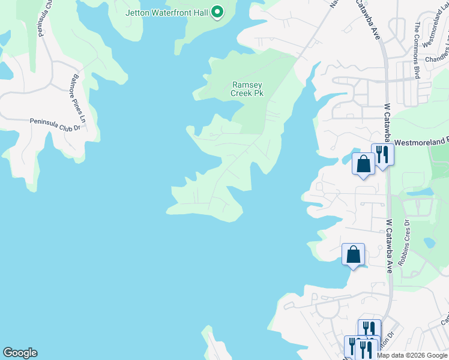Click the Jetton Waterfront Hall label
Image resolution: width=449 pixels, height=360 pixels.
[x=166, y=12]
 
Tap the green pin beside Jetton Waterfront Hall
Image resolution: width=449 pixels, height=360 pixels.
[x=217, y=11]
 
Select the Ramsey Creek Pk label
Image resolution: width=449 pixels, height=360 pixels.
[x=247, y=89]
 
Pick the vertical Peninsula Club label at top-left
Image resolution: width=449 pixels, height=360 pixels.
[x=43, y=18]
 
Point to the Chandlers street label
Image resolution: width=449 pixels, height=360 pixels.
[x=436, y=59]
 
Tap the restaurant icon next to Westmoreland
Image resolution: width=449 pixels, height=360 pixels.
[x=382, y=155]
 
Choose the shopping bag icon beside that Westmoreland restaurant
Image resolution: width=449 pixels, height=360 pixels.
[x=363, y=163]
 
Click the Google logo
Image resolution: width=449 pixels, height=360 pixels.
[x=20, y=353]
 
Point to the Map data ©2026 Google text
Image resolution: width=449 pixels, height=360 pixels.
[x=412, y=355]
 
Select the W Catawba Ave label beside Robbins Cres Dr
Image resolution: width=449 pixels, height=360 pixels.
[x=388, y=246]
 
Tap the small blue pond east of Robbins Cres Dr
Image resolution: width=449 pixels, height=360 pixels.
[x=429, y=243]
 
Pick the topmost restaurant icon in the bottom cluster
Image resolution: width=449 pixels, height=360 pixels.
[x=369, y=329]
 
